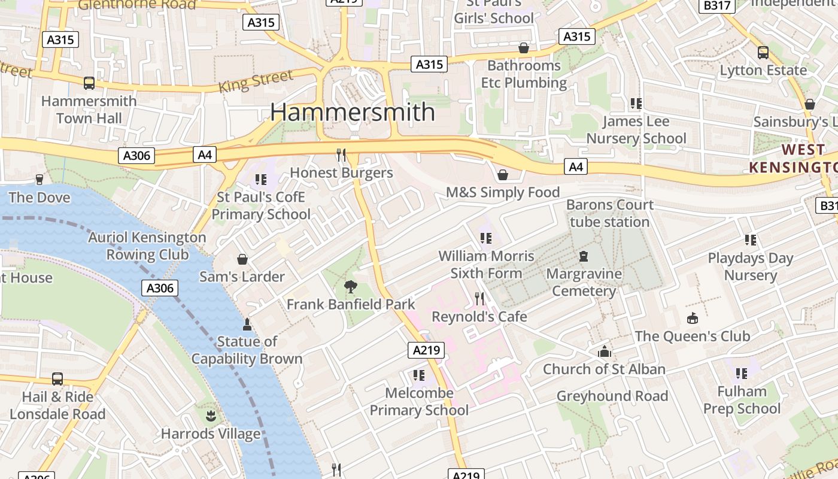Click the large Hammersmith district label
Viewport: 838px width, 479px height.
tap(353, 113)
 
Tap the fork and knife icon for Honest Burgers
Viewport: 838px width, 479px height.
tap(341, 155)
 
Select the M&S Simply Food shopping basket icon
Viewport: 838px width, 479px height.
tap(503, 175)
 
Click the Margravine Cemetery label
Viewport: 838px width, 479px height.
tap(584, 283)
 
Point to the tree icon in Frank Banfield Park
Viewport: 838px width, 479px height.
tap(350, 287)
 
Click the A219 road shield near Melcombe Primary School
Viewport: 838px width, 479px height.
tap(426, 350)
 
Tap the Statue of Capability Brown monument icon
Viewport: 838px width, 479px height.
tap(247, 325)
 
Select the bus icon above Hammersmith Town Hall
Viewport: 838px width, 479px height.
tap(89, 83)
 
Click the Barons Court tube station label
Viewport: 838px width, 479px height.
tap(609, 213)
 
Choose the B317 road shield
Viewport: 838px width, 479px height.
tap(716, 5)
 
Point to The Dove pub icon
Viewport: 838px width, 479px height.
tap(40, 180)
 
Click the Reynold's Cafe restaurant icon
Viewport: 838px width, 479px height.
tap(479, 298)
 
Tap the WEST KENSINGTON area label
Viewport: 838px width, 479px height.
tap(795, 158)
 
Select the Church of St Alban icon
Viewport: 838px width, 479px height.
tap(605, 351)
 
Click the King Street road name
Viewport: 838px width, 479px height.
tap(256, 81)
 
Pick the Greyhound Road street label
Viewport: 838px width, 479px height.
tap(612, 396)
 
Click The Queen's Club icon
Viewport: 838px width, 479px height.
tap(693, 318)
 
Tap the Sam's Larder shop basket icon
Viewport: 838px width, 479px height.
tap(242, 259)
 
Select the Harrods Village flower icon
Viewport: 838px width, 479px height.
tap(211, 416)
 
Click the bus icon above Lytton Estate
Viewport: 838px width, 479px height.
tap(763, 53)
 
